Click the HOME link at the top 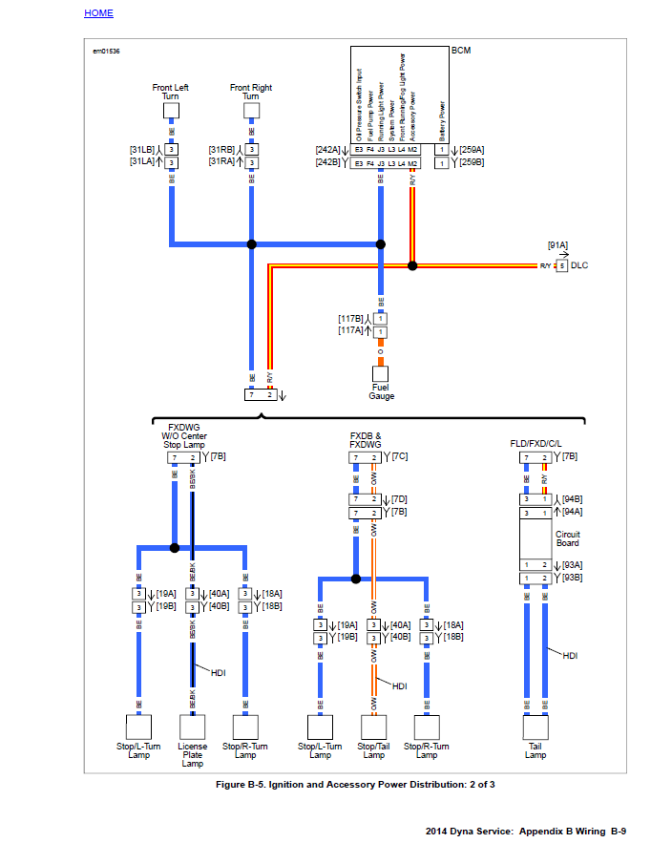[x=98, y=13]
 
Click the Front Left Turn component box [x=171, y=111]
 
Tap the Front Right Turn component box [x=251, y=111]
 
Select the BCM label [x=461, y=50]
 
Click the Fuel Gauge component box [x=381, y=374]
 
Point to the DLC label [x=579, y=264]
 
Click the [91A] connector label [x=557, y=245]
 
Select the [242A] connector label [x=326, y=150]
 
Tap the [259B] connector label [x=472, y=163]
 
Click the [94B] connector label [x=573, y=498]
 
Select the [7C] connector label [x=399, y=456]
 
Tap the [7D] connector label [x=399, y=498]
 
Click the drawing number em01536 [x=106, y=51]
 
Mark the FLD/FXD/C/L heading [x=535, y=444]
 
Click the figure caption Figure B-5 [x=355, y=785]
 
